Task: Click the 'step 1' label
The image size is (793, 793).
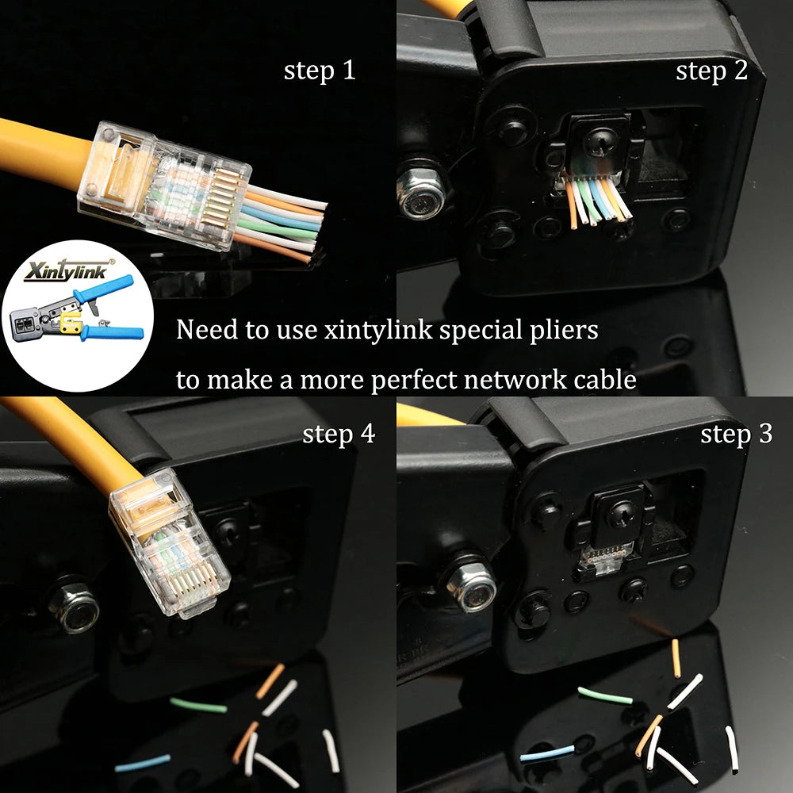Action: [x=320, y=71]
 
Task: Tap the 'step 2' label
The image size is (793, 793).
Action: [x=711, y=71]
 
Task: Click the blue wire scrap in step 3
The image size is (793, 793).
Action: [x=547, y=752]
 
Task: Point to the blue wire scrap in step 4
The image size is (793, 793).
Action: [x=142, y=763]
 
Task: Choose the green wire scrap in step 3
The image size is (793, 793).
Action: [x=605, y=696]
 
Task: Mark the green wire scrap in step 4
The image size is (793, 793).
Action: [x=197, y=705]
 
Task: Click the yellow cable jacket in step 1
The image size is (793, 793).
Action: [x=40, y=147]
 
